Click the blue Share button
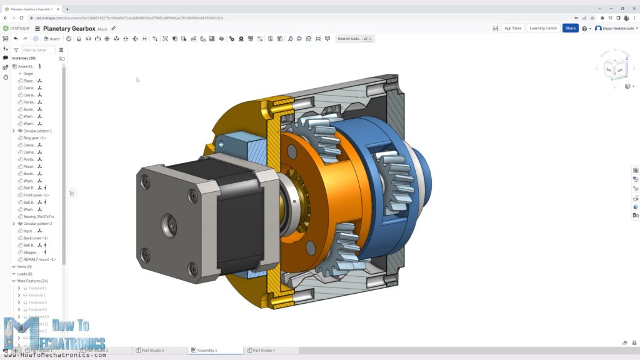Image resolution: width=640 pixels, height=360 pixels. pyautogui.click(x=570, y=28)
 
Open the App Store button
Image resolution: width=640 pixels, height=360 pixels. pyautogui.click(x=512, y=28)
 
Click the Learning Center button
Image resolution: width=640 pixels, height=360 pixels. pyautogui.click(x=542, y=28)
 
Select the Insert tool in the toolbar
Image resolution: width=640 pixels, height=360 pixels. pyautogui.click(x=52, y=39)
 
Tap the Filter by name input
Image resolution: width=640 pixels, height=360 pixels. pyautogui.click(x=37, y=50)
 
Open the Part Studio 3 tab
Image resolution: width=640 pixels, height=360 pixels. pyautogui.click(x=152, y=351)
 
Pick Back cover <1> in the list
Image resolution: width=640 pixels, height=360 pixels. pyautogui.click(x=36, y=238)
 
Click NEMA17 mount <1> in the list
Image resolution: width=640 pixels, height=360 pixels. pyautogui.click(x=39, y=259)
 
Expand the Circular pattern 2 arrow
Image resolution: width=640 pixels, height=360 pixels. pyautogui.click(x=14, y=224)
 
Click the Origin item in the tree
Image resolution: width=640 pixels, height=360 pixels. pyautogui.click(x=28, y=74)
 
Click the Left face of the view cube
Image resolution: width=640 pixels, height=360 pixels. pyautogui.click(x=620, y=71)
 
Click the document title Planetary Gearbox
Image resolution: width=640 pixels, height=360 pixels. pyautogui.click(x=69, y=29)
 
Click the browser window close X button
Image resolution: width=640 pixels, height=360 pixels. pyautogui.click(x=632, y=9)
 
